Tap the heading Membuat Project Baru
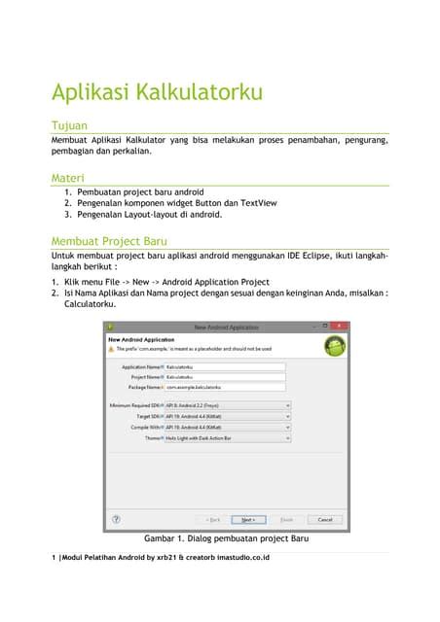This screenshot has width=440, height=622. point(109,240)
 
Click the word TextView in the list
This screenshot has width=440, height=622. point(257,203)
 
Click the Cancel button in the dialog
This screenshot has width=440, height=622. point(324,519)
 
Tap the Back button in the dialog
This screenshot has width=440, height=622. point(211,519)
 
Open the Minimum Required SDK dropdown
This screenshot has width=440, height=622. point(227,404)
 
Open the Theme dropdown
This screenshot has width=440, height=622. point(227,438)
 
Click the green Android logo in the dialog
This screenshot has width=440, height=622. point(334,344)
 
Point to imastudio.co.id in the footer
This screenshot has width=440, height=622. point(237,557)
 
